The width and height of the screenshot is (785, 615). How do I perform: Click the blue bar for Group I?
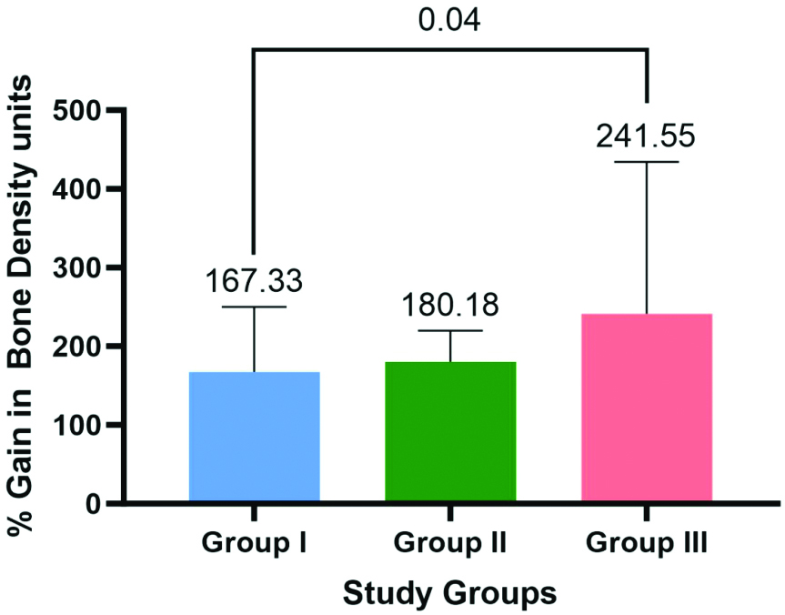254,437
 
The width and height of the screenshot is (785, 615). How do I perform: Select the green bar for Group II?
450,432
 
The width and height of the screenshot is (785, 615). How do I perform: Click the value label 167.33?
254,281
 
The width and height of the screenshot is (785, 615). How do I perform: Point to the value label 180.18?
450,305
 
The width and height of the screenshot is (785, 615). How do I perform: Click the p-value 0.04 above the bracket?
449,20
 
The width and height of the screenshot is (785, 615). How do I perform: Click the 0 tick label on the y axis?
92,504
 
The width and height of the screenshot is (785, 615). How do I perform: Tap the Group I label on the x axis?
254,545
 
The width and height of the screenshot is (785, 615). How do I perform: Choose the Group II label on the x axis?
450,545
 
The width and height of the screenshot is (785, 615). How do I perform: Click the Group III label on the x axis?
647,545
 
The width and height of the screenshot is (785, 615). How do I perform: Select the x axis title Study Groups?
449,593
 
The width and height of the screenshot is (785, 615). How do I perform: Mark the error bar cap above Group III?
647,162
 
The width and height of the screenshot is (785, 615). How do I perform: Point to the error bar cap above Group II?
450,330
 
